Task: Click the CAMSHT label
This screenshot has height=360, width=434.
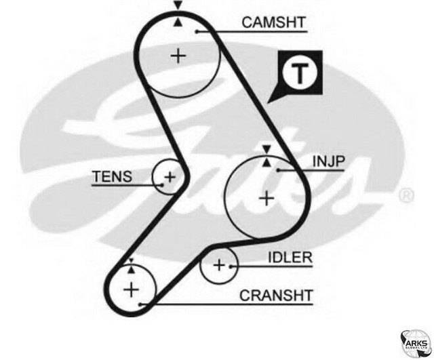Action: point(274,23)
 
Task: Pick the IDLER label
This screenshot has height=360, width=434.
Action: point(290,257)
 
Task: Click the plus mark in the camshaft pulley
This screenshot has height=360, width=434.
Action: point(178,55)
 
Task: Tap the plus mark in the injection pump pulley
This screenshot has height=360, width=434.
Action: point(267,198)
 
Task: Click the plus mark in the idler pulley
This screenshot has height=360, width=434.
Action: point(218,265)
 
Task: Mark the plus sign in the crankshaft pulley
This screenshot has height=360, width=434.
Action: point(130,290)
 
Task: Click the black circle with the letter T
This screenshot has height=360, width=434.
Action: point(298,73)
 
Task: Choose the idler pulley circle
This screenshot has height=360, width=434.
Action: point(218,264)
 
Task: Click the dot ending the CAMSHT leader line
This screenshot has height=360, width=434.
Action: point(196,31)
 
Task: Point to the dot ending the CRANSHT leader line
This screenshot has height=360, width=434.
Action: point(140,304)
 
